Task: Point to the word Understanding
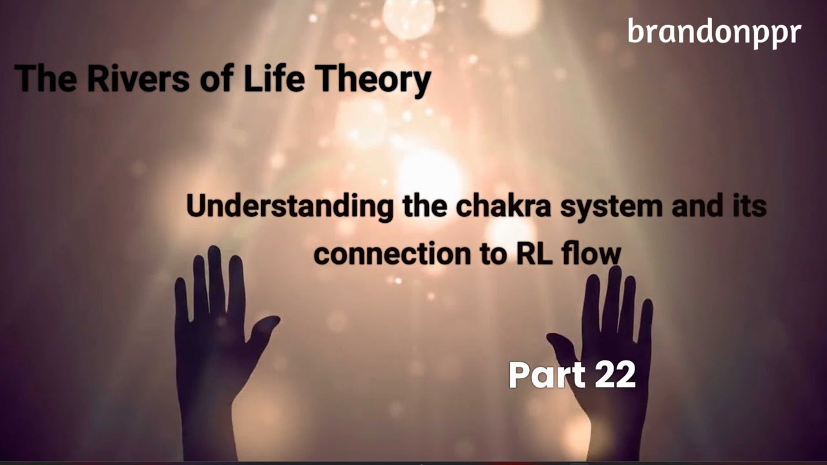point(289,207)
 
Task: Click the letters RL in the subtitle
point(534,254)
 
